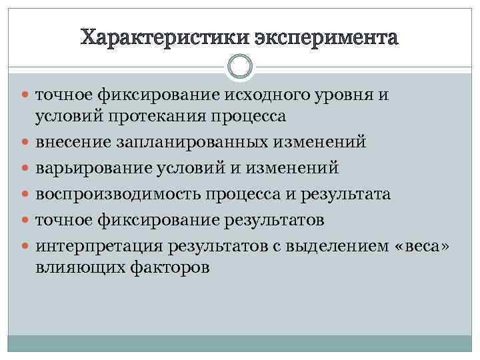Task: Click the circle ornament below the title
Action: point(240,67)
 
